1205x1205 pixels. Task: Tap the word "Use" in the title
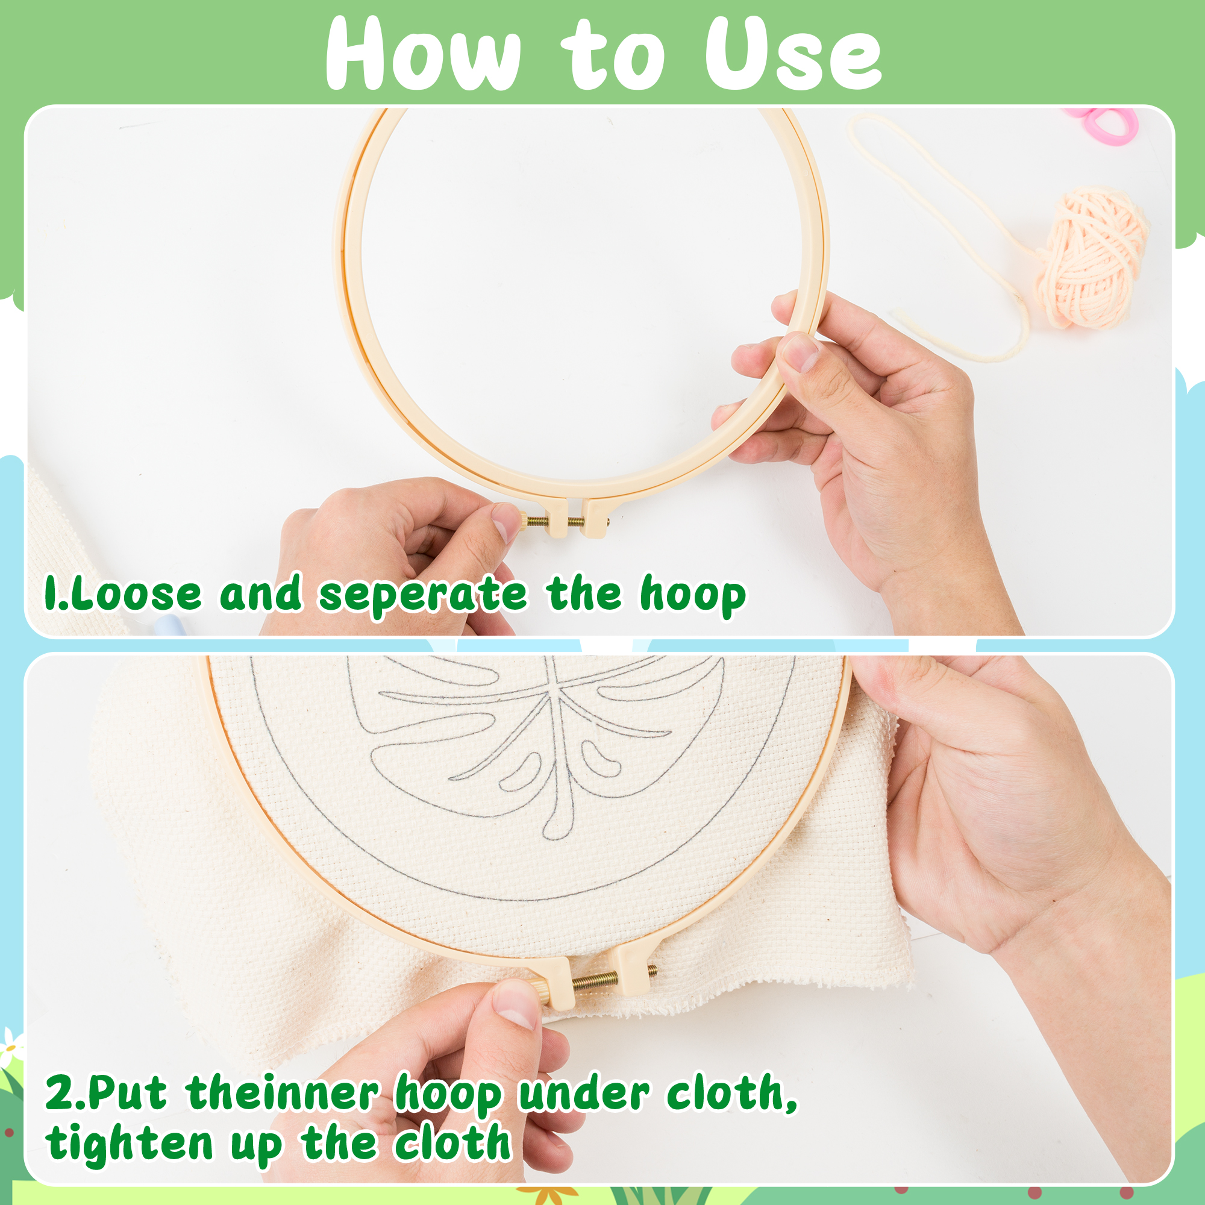click(x=793, y=55)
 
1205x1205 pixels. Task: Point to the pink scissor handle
click(x=1104, y=125)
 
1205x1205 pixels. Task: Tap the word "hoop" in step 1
click(x=693, y=595)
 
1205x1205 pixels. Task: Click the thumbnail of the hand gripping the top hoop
click(x=799, y=353)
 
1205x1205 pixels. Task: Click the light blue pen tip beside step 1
click(x=167, y=624)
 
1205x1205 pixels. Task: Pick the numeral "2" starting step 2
click(x=59, y=1094)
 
